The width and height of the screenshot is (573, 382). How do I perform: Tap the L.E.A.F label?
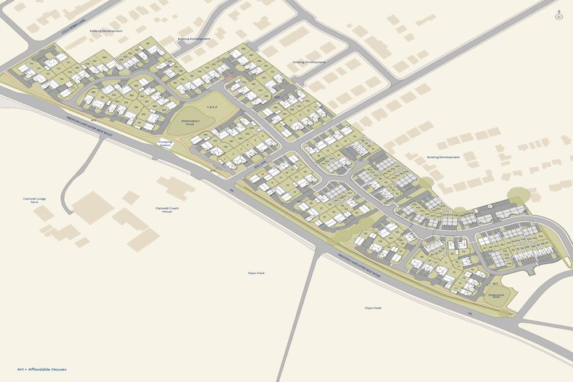pyautogui.click(x=205, y=107)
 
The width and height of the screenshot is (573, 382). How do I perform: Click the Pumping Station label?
pyautogui.click(x=165, y=144)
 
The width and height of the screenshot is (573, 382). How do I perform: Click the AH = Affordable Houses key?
pyautogui.click(x=42, y=369)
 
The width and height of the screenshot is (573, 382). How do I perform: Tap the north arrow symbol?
pyautogui.click(x=558, y=15)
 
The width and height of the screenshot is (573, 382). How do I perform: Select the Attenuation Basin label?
pyautogui.click(x=494, y=296)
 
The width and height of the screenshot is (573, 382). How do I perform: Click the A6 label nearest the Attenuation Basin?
pyautogui.click(x=469, y=313)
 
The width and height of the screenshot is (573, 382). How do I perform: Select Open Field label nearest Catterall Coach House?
pyautogui.click(x=256, y=273)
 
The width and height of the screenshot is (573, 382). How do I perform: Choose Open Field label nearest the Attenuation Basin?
pyautogui.click(x=373, y=308)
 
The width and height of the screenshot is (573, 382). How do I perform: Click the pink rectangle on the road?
pyautogui.click(x=229, y=78)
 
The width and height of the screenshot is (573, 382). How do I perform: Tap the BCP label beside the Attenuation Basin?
pyautogui.click(x=495, y=283)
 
